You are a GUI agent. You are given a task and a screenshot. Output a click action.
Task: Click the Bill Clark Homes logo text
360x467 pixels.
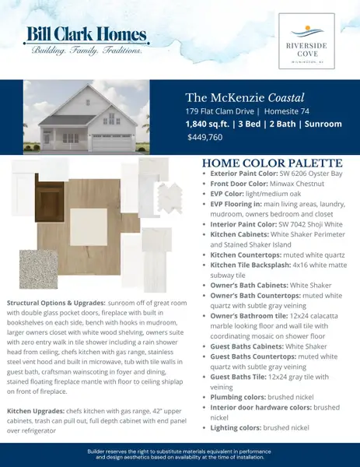point(86,35)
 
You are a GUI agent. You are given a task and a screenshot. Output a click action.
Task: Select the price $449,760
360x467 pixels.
point(204,137)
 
